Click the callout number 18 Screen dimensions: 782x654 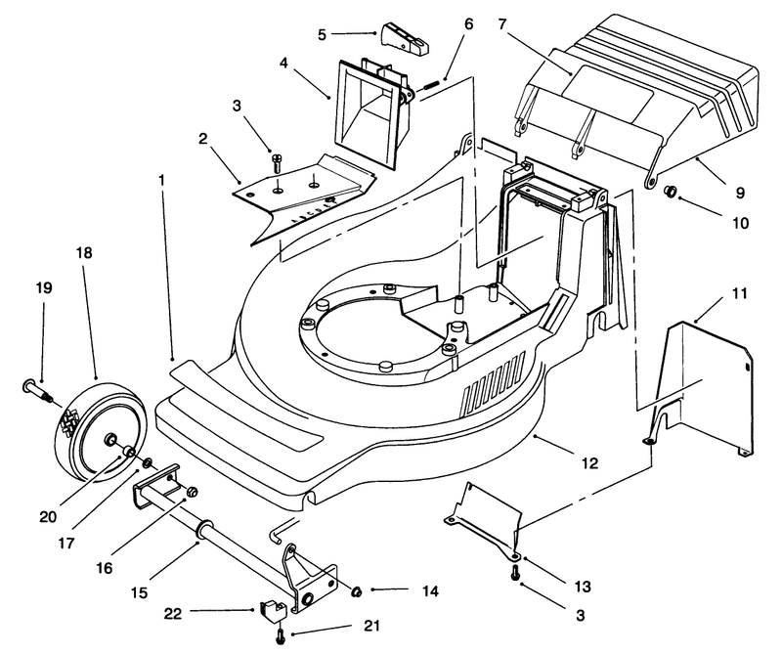click(x=84, y=253)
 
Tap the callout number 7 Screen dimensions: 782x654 click(x=502, y=23)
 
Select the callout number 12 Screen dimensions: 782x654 click(x=589, y=463)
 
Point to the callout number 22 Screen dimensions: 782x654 click(x=173, y=614)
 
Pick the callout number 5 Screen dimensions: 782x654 click(x=322, y=34)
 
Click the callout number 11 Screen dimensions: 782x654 click(x=740, y=293)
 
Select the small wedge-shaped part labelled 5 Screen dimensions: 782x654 click(x=406, y=38)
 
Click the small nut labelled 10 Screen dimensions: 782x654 click(x=671, y=191)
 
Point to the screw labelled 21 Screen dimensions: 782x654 click(x=280, y=635)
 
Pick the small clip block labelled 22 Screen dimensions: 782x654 click(x=273, y=611)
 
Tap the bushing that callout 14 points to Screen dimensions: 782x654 click(x=356, y=591)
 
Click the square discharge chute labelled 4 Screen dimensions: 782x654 click(x=369, y=112)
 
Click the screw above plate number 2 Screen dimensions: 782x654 click(x=277, y=163)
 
